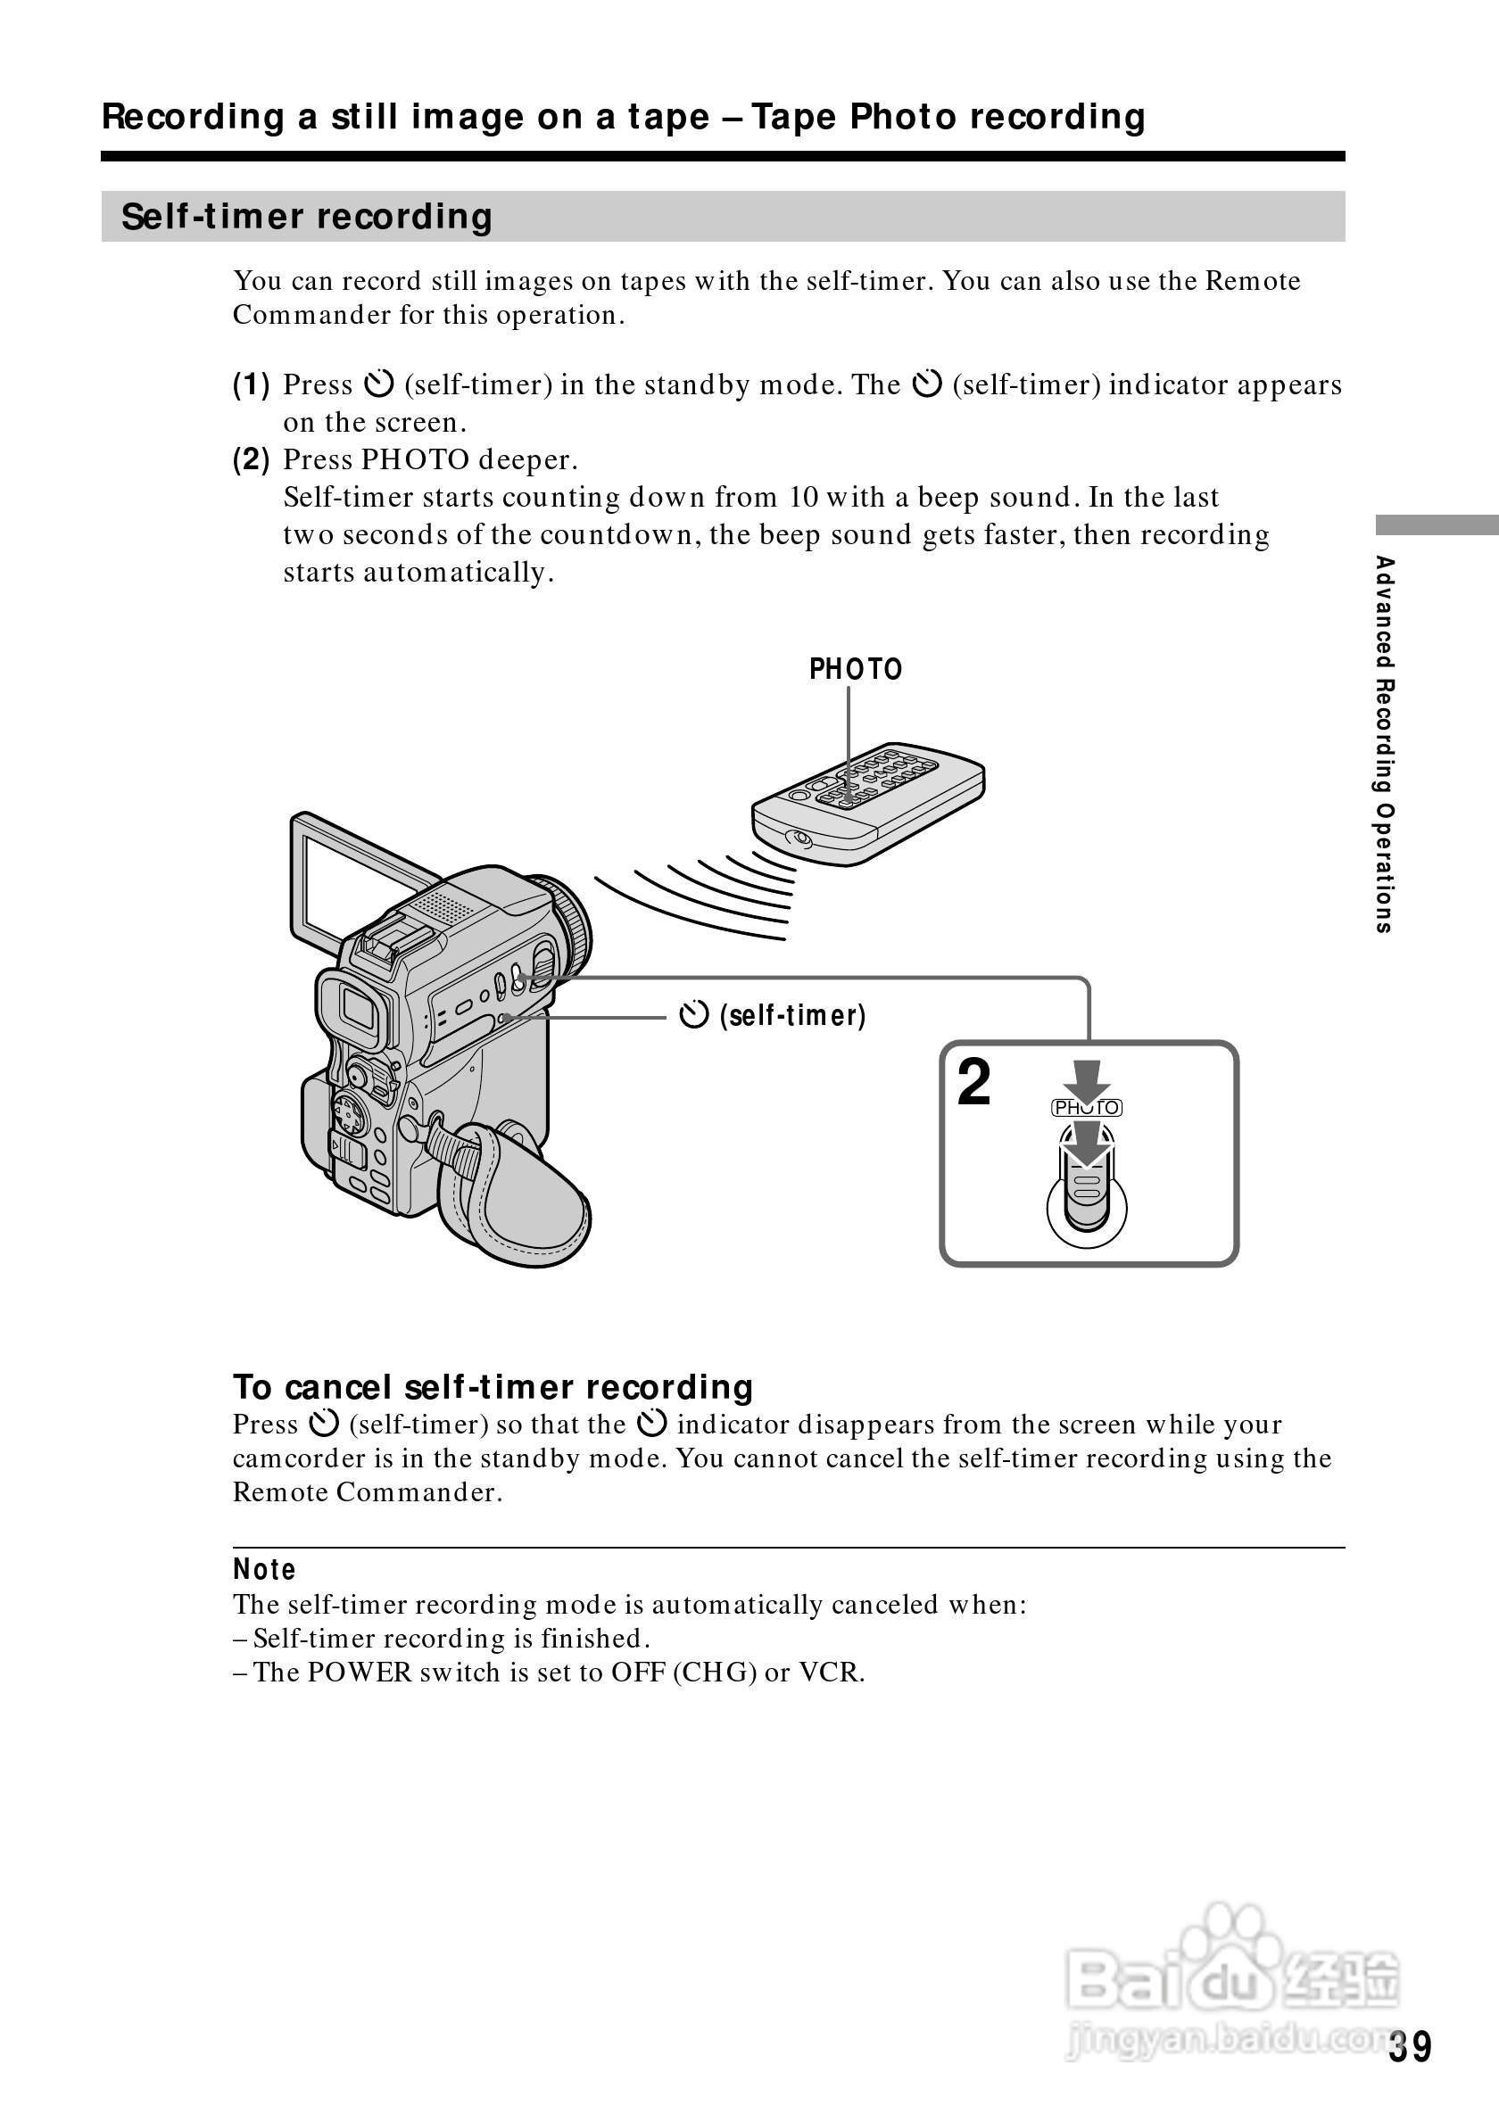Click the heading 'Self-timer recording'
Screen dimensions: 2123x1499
[306, 217]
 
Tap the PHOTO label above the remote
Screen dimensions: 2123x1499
[856, 668]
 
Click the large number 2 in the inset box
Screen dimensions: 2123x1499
[973, 1083]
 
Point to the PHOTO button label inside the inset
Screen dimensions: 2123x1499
[1087, 1108]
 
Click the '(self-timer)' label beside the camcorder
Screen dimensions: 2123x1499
[792, 1016]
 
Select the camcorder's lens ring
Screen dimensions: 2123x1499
[567, 925]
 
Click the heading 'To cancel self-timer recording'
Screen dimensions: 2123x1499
[493, 1387]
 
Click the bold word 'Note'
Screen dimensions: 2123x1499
[264, 1569]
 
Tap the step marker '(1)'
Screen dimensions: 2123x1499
[252, 384]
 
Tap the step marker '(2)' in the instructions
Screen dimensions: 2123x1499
[252, 459]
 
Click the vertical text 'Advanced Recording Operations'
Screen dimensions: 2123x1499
[1384, 743]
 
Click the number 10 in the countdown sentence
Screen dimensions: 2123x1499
[804, 498]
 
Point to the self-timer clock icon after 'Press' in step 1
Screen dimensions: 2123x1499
[379, 384]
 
